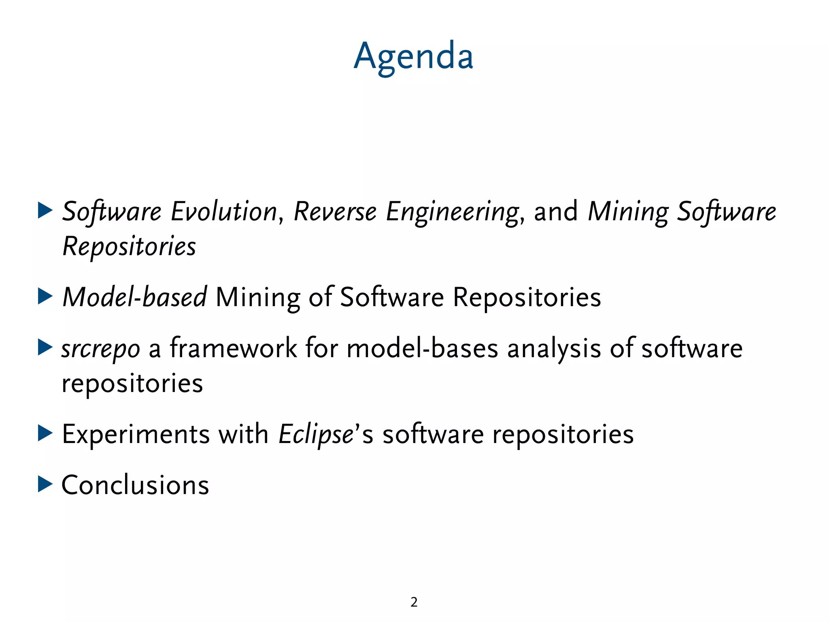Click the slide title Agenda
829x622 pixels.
click(x=413, y=57)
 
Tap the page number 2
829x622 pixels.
click(x=414, y=602)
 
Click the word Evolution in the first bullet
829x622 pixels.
click(x=224, y=212)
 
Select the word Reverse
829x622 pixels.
click(x=335, y=212)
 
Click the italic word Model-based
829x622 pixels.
click(x=135, y=297)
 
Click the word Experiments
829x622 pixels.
click(x=136, y=435)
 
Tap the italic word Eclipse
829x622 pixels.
click(x=316, y=435)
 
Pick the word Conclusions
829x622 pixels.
click(x=135, y=485)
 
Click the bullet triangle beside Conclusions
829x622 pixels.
click(x=45, y=484)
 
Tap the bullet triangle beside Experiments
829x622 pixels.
click(x=45, y=433)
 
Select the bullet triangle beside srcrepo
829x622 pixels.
click(x=45, y=347)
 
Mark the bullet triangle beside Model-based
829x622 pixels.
click(x=45, y=296)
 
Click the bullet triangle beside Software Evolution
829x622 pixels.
click(x=45, y=211)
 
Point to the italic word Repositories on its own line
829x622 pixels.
click(x=130, y=247)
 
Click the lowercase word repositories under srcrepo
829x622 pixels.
click(x=132, y=383)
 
